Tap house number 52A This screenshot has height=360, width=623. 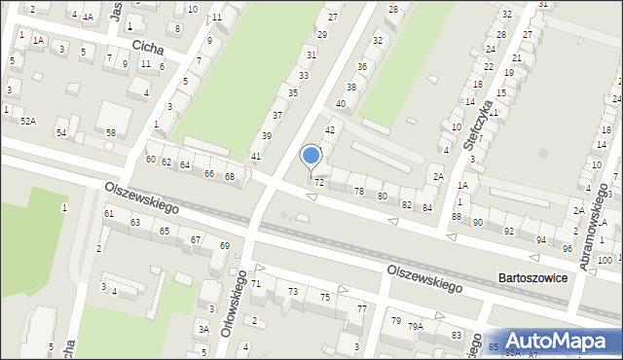[29, 121]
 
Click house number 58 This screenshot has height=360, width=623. [110, 131]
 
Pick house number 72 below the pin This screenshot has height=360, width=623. [319, 183]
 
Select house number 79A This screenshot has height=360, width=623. [416, 327]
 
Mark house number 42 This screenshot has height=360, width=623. [330, 129]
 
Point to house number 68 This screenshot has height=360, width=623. [230, 176]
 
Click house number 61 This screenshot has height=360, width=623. [109, 213]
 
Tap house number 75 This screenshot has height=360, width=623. [326, 298]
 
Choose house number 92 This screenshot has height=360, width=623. [509, 231]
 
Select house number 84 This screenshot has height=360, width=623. [426, 207]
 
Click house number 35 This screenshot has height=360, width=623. [292, 92]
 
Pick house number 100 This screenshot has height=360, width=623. [605, 260]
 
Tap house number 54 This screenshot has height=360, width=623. [61, 132]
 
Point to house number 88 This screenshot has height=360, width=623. [456, 216]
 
